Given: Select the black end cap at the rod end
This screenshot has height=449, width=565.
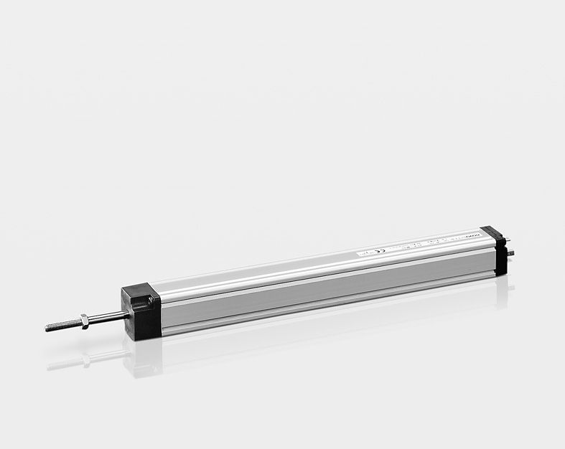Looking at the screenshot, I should (x=141, y=312).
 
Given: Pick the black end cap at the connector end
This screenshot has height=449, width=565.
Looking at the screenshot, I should (x=496, y=250).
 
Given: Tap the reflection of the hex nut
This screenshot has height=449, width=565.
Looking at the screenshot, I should (x=85, y=358).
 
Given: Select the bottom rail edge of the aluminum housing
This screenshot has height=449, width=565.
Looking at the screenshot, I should (x=323, y=311).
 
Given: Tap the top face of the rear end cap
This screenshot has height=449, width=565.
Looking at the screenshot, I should (x=492, y=232).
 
